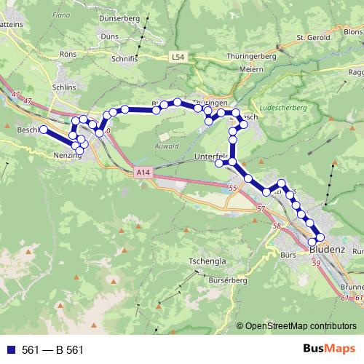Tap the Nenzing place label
point(67,155)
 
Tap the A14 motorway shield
point(144,173)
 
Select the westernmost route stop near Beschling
point(43,130)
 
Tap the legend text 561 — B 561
point(52,349)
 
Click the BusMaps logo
point(329,349)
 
